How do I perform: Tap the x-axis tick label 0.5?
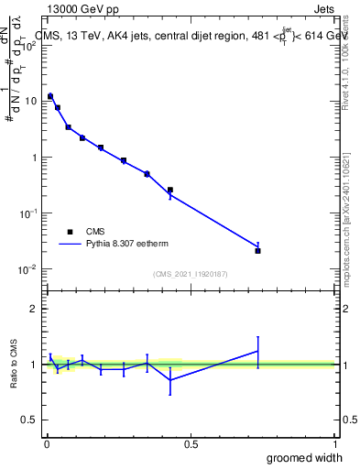(x=191, y=443)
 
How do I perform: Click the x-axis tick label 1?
(x=334, y=443)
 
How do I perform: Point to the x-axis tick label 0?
(x=47, y=443)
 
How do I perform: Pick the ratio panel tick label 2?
(x=33, y=309)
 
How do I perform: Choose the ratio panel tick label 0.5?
(x=27, y=420)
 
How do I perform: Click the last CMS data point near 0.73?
(x=257, y=250)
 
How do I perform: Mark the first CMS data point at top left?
(x=50, y=95)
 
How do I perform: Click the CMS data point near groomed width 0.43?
(x=170, y=190)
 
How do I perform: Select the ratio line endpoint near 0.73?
(x=257, y=351)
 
